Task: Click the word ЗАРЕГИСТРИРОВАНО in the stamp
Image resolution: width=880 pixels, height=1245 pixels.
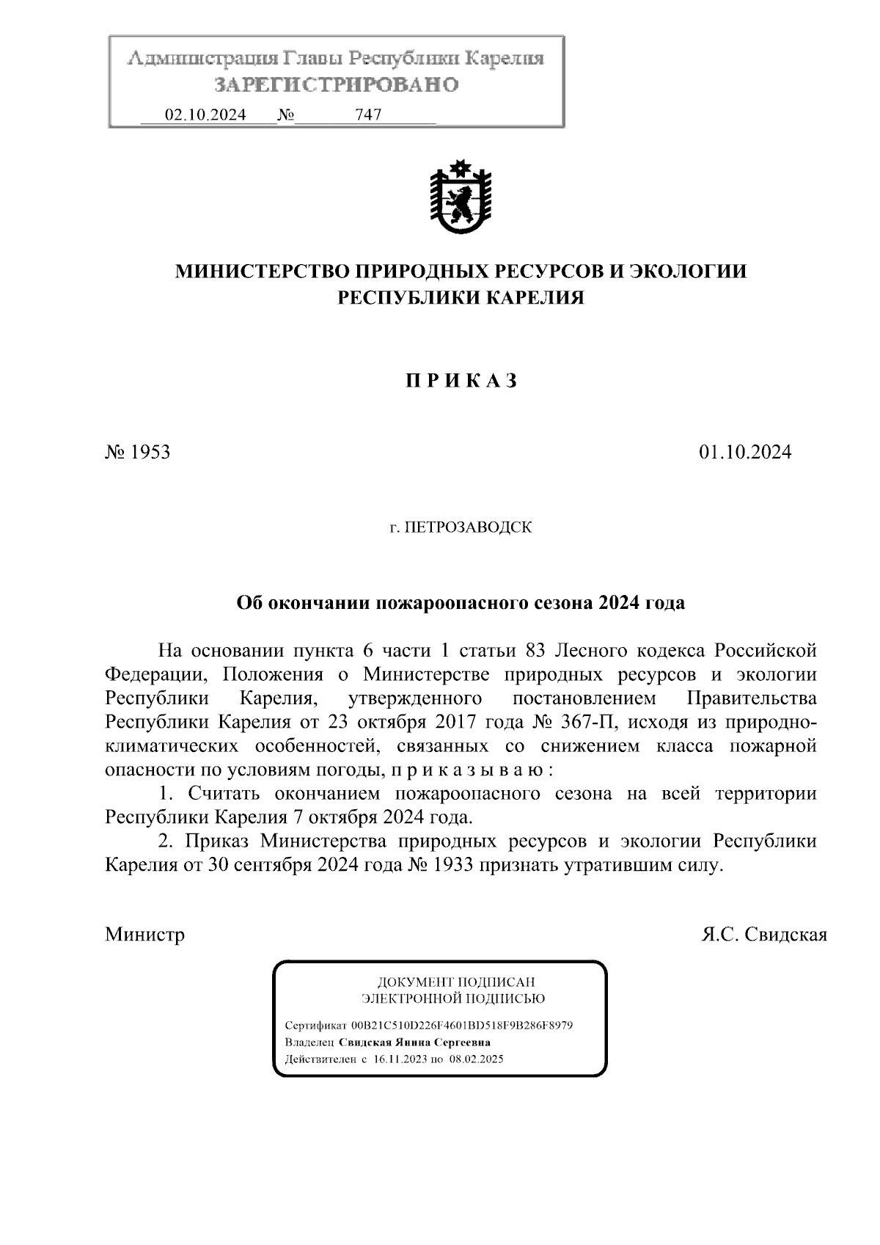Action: (x=336, y=85)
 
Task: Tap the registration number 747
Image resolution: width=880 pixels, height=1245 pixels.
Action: (x=367, y=115)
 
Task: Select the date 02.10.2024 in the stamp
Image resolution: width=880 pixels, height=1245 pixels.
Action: (x=205, y=115)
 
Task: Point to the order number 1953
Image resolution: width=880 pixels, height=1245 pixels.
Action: (x=150, y=452)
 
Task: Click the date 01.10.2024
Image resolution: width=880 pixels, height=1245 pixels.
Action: (x=745, y=452)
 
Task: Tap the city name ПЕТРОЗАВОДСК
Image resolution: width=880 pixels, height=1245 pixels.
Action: (x=469, y=527)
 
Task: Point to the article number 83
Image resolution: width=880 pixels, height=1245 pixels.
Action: (x=536, y=651)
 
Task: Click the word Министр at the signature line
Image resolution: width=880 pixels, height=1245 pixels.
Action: (x=145, y=935)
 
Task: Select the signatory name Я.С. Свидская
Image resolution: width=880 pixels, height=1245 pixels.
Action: (x=764, y=935)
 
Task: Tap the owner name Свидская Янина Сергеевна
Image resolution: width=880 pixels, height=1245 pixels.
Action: (x=415, y=1043)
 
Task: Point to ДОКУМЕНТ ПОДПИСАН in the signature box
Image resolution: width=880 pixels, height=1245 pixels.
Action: (x=455, y=982)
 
